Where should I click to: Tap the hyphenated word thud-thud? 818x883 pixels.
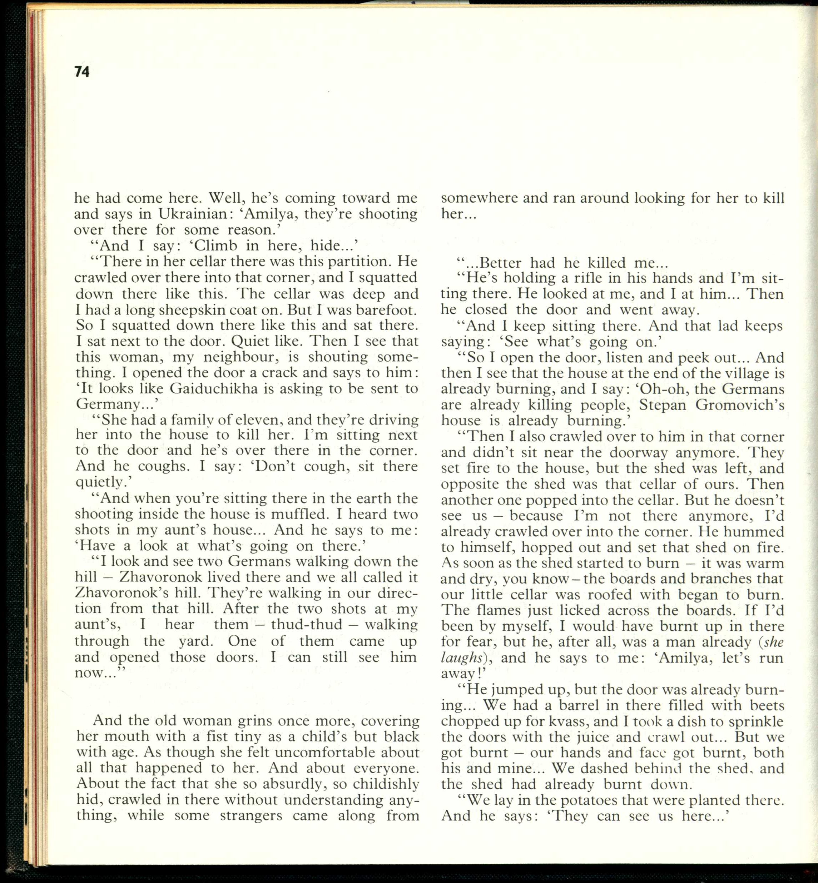(x=307, y=625)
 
